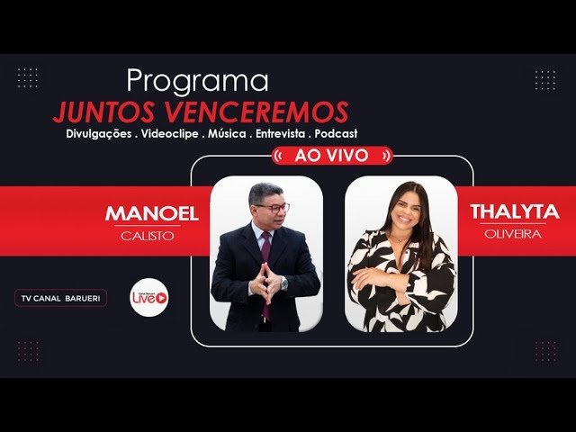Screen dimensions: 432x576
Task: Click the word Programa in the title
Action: [x=197, y=81]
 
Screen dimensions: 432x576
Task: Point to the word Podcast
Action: [x=337, y=133]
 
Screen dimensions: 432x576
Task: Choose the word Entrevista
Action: [x=274, y=133]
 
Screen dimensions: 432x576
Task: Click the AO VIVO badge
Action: [x=331, y=156]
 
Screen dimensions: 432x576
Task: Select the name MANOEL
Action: [x=151, y=214]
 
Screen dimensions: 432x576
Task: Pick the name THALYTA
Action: [x=514, y=212]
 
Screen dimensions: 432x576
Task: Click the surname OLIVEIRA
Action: [x=514, y=234]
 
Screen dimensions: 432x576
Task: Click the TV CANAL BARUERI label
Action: [x=61, y=298]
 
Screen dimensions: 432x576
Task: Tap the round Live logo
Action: [x=148, y=297]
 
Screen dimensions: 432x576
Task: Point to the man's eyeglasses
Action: [x=272, y=208]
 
